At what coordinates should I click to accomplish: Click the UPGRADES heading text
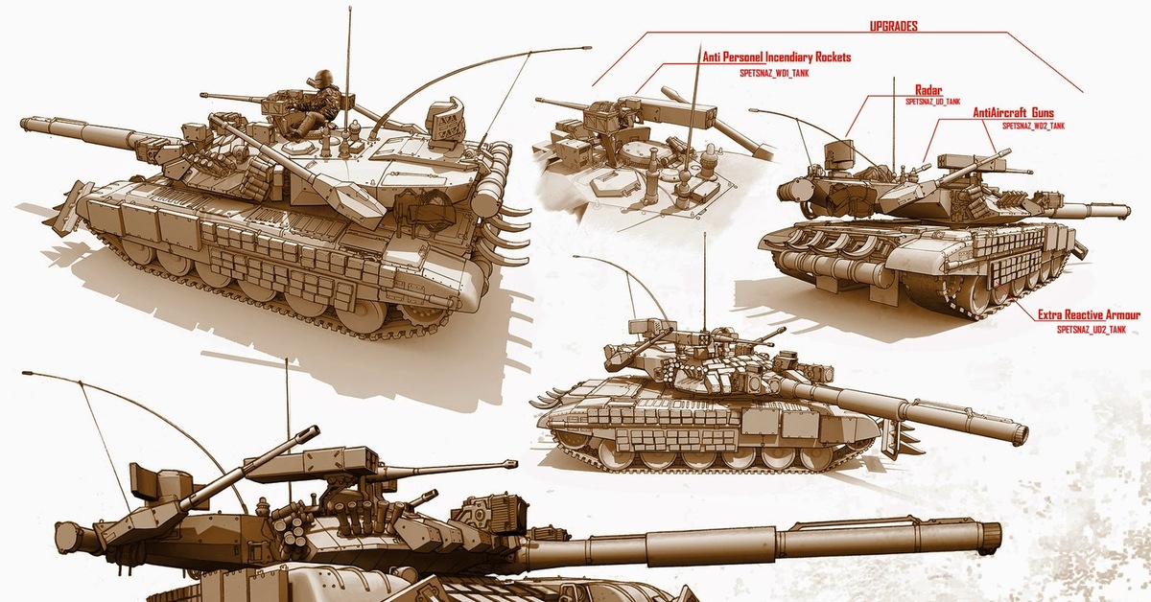[894, 26]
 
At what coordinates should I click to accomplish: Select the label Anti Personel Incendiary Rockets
[776, 57]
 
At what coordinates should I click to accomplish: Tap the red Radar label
[928, 90]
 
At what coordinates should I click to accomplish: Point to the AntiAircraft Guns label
[1013, 113]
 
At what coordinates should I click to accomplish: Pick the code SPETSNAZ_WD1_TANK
[774, 74]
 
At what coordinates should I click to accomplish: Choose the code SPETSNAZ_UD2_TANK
[1092, 330]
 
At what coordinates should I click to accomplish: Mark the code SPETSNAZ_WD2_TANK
[1033, 127]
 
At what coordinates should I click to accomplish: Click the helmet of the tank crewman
[323, 78]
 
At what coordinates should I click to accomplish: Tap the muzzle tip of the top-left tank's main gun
[24, 124]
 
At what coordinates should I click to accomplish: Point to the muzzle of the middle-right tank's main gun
[1021, 434]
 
